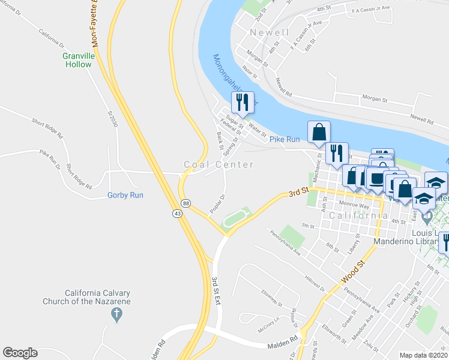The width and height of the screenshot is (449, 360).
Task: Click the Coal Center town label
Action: point(218,164)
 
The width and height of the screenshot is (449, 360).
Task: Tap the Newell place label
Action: point(270,32)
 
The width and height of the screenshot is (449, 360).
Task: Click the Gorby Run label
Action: point(125,195)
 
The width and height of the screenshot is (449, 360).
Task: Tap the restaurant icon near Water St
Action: point(243,103)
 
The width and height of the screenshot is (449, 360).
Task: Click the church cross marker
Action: point(116,313)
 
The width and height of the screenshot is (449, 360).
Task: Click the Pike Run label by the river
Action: point(285,139)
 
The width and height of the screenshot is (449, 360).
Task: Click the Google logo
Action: point(20,353)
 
